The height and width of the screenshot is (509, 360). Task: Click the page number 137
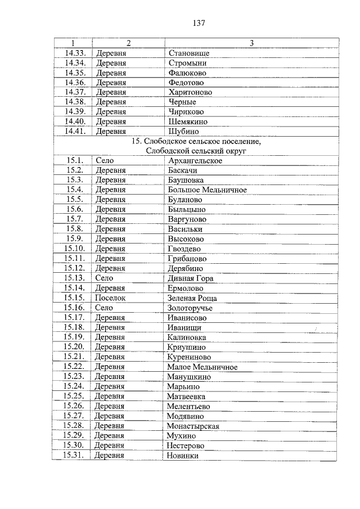tap(198, 23)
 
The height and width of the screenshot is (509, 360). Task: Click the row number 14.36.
tap(75, 83)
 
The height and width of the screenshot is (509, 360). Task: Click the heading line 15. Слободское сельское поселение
tap(196, 142)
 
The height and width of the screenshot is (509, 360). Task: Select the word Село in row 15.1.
tap(105, 161)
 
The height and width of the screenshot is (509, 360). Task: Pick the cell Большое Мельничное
tap(208, 190)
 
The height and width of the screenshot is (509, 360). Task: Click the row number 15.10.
tap(75, 249)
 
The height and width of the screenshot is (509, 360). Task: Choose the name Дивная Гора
tap(191, 278)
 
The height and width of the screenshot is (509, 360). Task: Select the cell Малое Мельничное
tap(202, 367)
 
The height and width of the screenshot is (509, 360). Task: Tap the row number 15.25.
tap(74, 397)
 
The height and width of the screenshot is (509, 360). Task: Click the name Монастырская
tap(193, 426)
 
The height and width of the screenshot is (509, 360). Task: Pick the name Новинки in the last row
tap(183, 456)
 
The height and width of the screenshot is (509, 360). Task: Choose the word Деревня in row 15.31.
tap(109, 456)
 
